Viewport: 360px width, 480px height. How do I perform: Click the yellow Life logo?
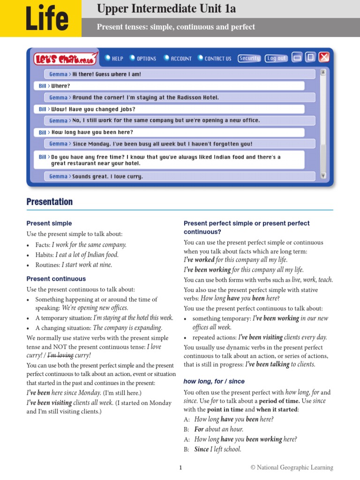tap(40, 19)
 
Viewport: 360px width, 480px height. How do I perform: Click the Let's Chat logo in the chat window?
tap(66, 59)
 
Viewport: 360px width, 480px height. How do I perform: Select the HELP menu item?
tap(114, 59)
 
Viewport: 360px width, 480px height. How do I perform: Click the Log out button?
tap(277, 58)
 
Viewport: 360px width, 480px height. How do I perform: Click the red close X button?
tap(324, 57)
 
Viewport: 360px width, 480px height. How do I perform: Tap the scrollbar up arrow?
tap(323, 73)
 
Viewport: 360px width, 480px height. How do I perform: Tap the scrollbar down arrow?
tap(323, 176)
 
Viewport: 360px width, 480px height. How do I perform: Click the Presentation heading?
tap(50, 202)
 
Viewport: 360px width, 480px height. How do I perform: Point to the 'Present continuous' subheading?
tap(56, 279)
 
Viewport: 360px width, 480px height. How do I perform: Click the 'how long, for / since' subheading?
tap(214, 382)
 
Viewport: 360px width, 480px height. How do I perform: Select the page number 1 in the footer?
tap(180, 467)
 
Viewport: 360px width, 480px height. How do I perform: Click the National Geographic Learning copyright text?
tap(292, 467)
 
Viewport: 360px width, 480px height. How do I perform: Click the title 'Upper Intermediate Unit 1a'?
tap(166, 8)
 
